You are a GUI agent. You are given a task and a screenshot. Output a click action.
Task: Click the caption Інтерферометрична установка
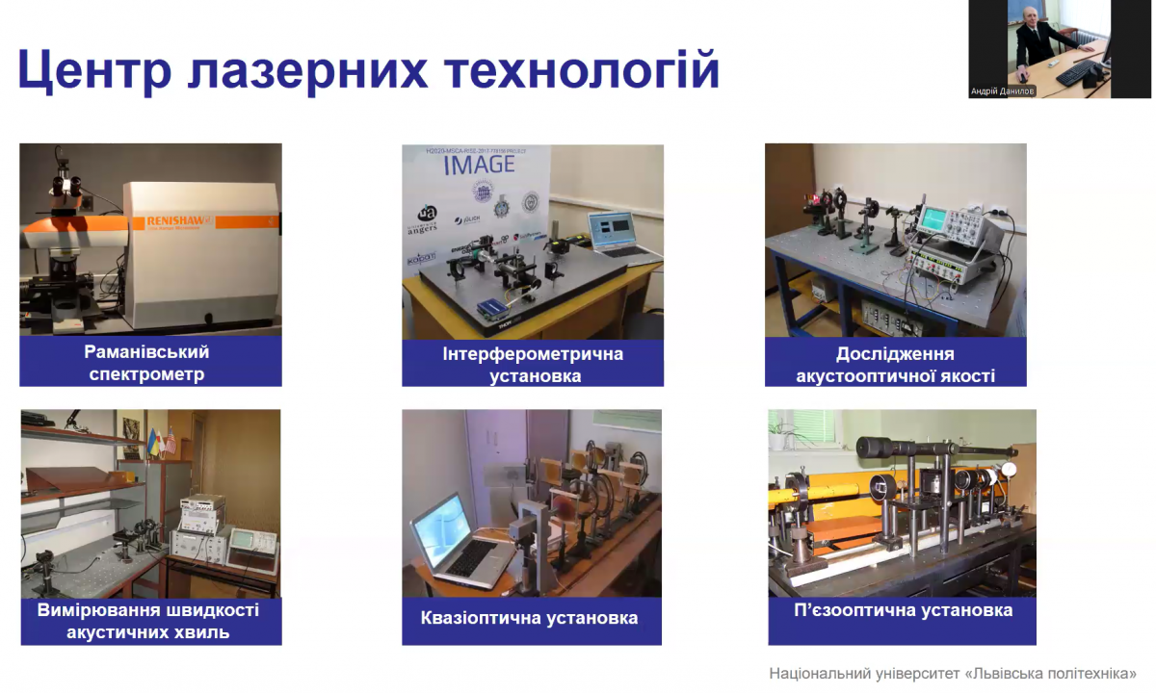pos(533,364)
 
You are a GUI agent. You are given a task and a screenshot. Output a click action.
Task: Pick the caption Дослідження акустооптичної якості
pos(895,364)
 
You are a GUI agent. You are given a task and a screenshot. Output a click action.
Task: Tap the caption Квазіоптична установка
pos(529,618)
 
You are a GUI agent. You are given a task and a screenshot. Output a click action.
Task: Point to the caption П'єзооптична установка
pos(902,610)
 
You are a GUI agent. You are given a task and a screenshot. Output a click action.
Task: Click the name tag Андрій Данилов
pos(1002,91)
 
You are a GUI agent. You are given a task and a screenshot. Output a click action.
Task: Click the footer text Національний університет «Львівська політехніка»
pos(952,673)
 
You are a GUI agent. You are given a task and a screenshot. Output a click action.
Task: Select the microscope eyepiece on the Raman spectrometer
pos(66,181)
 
